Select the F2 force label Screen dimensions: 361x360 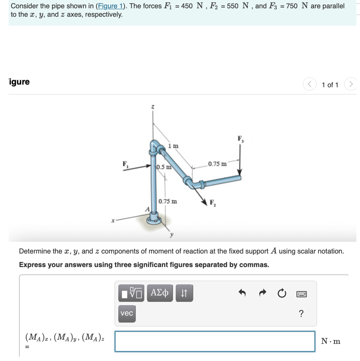point(212,202)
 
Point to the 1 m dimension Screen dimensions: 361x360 point(173,146)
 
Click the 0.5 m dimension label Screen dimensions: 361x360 point(163,167)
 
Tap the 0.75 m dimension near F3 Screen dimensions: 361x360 point(217,164)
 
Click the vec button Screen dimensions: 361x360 point(127,313)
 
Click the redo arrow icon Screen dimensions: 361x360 point(263,294)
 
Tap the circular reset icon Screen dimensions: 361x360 point(282,294)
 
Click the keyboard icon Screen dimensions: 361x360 point(301,294)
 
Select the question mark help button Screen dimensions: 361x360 point(301,313)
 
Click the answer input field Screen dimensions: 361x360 point(215,341)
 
